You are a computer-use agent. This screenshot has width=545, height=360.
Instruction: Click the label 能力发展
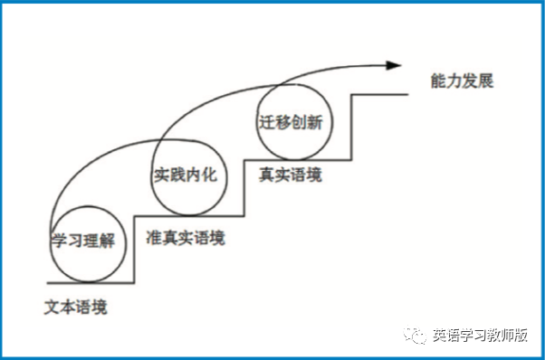point(462,81)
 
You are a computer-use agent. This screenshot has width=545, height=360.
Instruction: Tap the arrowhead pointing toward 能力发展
point(394,65)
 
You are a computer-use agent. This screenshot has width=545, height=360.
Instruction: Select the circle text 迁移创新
point(291,122)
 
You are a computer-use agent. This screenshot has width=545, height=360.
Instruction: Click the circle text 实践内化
point(186,175)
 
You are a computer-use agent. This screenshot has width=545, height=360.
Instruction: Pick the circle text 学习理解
point(83,241)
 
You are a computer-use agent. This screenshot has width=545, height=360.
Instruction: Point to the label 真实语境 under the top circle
point(291,175)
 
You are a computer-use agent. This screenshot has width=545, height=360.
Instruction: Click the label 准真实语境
point(186,238)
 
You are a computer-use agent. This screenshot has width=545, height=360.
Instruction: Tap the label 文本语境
point(76,307)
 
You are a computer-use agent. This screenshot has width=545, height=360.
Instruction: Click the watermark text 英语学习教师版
point(481,335)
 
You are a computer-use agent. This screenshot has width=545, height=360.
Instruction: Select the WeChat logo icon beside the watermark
point(415,335)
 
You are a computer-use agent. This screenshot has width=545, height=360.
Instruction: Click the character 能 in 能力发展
point(438,81)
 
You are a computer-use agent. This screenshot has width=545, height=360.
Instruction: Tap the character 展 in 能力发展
point(486,81)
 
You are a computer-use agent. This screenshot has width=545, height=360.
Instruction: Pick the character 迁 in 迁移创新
point(266,122)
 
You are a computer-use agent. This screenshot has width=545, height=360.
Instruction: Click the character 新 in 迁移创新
point(315,122)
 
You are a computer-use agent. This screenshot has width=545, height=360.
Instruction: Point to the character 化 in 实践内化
point(210,175)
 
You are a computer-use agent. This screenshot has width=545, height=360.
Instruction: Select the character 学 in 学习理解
point(59,241)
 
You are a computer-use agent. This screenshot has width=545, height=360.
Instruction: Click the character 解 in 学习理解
point(108,241)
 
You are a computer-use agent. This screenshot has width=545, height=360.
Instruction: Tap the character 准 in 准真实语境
point(154,238)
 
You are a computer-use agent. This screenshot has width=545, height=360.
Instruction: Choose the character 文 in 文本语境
point(53,307)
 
